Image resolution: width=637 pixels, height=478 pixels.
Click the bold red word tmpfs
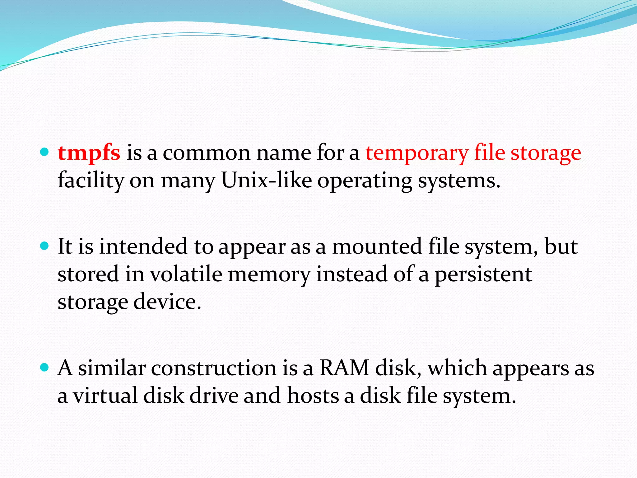89,153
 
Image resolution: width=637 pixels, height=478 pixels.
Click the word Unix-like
267,180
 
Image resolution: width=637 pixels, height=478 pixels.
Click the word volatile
186,274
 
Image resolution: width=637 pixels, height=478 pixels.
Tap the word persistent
483,274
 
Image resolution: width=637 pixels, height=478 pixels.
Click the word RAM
345,368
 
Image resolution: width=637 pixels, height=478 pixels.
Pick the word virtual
105,396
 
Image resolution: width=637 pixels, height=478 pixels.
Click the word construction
214,368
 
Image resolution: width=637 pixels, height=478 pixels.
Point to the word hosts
313,396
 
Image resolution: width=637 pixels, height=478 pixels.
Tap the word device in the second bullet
168,302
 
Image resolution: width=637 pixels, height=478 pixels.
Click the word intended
143,246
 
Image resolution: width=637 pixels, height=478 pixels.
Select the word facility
91,180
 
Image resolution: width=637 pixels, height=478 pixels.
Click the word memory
269,274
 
